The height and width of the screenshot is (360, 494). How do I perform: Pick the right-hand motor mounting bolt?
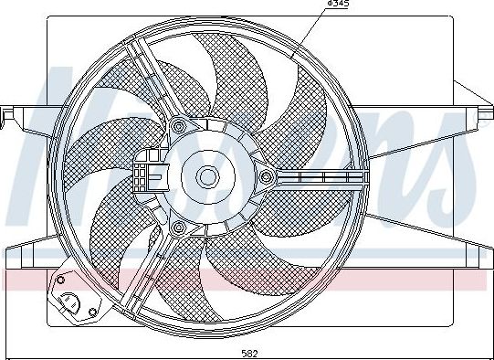click(x=266, y=175)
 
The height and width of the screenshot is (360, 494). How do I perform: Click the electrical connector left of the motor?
click(x=145, y=175)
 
